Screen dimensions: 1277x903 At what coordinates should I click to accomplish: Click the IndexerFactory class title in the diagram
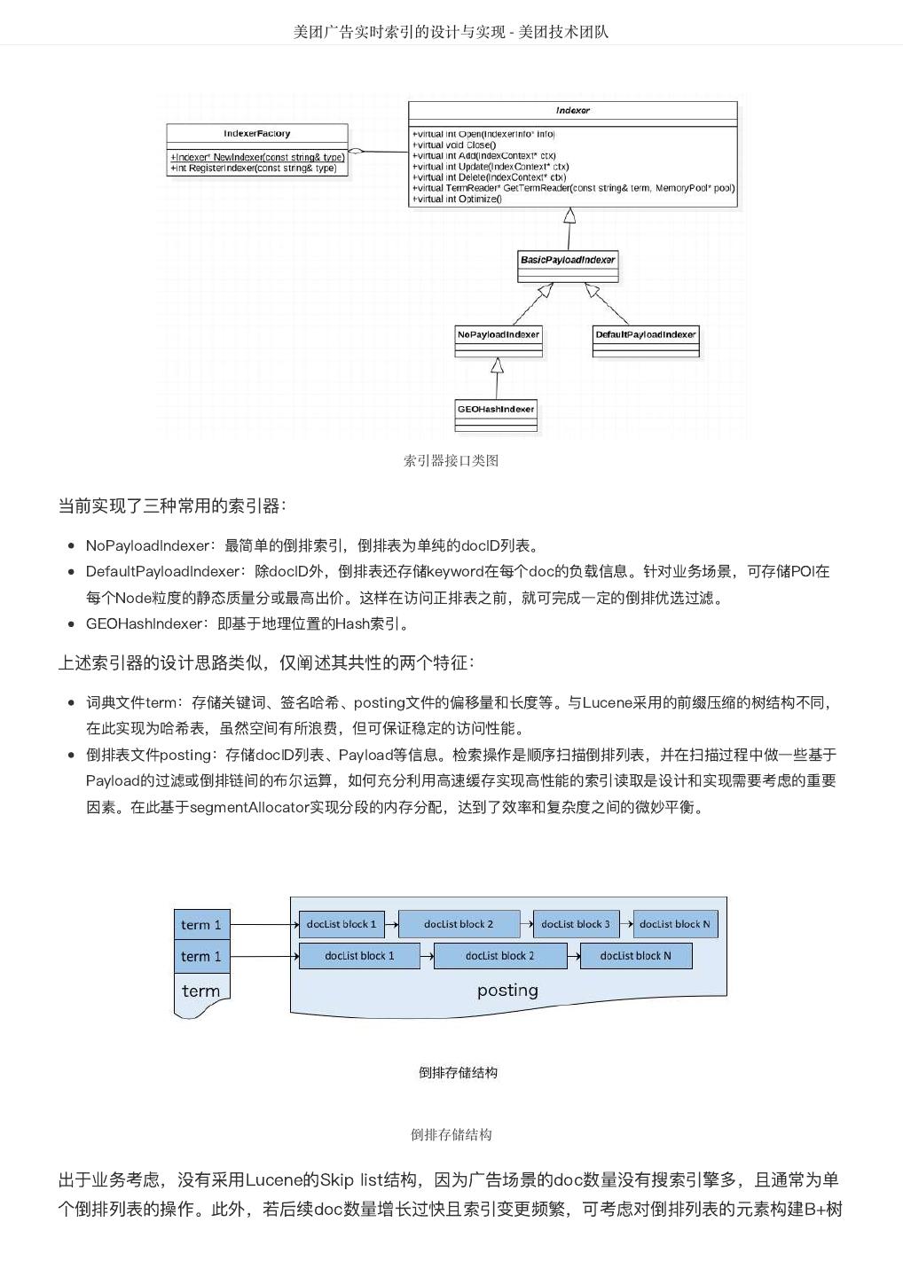256,134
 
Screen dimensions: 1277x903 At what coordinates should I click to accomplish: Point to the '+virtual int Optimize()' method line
457,200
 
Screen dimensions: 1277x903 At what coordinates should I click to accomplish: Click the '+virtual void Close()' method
454,145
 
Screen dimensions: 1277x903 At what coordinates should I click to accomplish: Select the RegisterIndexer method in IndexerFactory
255,168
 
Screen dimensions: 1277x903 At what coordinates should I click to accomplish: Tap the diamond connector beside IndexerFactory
356,152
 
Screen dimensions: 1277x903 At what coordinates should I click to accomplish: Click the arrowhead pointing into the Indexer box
569,215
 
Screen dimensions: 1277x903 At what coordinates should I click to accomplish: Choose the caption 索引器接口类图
451,460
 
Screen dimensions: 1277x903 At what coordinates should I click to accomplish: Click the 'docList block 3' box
576,924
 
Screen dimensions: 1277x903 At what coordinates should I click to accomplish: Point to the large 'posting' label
507,990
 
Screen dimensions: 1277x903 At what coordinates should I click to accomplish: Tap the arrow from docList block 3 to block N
626,924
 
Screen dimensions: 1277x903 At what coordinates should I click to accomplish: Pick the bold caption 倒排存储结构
458,1072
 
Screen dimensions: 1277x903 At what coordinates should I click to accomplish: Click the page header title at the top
451,32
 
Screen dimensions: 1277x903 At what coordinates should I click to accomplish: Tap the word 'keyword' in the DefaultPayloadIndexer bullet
455,571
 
